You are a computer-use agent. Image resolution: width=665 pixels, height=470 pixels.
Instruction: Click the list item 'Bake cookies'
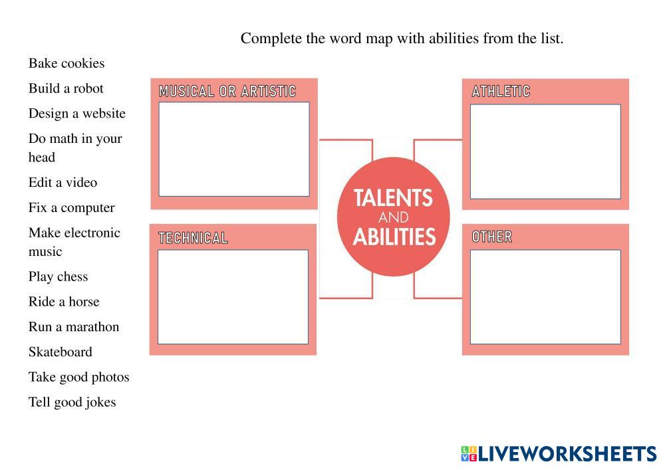[66, 64]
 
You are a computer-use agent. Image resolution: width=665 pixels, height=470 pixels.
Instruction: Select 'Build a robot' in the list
[66, 88]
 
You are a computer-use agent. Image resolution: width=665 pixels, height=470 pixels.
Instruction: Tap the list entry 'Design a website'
[76, 114]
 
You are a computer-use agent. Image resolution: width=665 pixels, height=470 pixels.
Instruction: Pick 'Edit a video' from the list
[63, 183]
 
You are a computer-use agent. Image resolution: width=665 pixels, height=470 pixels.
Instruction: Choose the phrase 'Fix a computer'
[71, 208]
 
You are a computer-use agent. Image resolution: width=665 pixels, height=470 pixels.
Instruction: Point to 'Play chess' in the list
[58, 277]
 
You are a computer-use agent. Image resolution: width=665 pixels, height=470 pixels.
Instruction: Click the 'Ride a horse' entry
[64, 302]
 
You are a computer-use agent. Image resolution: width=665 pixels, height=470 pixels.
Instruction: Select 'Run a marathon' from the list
[74, 327]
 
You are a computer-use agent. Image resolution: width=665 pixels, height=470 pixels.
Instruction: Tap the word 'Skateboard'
[60, 352]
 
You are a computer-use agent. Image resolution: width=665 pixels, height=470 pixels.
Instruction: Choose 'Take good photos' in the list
[78, 378]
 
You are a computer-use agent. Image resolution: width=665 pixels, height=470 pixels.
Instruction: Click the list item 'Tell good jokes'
[72, 403]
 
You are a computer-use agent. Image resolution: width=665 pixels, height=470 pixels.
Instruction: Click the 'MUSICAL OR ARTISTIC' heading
[227, 92]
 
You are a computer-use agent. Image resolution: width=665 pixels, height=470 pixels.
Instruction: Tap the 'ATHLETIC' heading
[501, 92]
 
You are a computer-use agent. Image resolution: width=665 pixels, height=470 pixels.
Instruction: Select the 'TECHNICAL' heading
[193, 238]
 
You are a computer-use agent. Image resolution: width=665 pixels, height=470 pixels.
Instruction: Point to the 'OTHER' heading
[491, 237]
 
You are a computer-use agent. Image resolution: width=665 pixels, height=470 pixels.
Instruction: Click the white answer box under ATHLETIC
[545, 152]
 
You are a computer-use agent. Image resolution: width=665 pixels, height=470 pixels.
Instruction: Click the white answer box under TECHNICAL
[233, 296]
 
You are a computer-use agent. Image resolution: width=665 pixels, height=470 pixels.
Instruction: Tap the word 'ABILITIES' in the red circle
[394, 237]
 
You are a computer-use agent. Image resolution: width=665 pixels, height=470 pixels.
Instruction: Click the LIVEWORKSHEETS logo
[559, 454]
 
